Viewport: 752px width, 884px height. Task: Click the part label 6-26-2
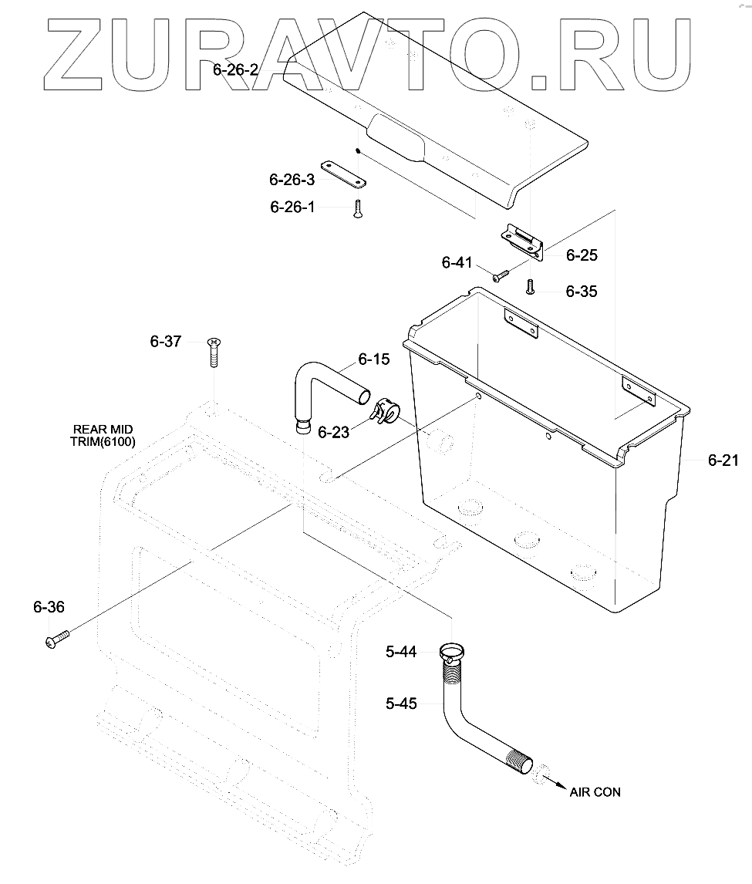click(x=235, y=70)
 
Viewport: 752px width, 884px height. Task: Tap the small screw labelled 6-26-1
click(x=358, y=208)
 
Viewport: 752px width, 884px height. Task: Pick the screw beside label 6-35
click(x=530, y=287)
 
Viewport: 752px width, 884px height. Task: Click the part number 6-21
click(x=723, y=461)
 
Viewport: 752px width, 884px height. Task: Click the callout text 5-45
click(x=401, y=703)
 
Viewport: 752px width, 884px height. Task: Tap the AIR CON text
click(x=595, y=792)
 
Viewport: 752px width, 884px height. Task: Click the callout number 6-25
click(x=582, y=255)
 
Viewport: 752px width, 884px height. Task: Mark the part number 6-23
click(x=333, y=433)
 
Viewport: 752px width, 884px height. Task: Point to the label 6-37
click(x=166, y=341)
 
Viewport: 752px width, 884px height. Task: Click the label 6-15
click(x=373, y=359)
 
